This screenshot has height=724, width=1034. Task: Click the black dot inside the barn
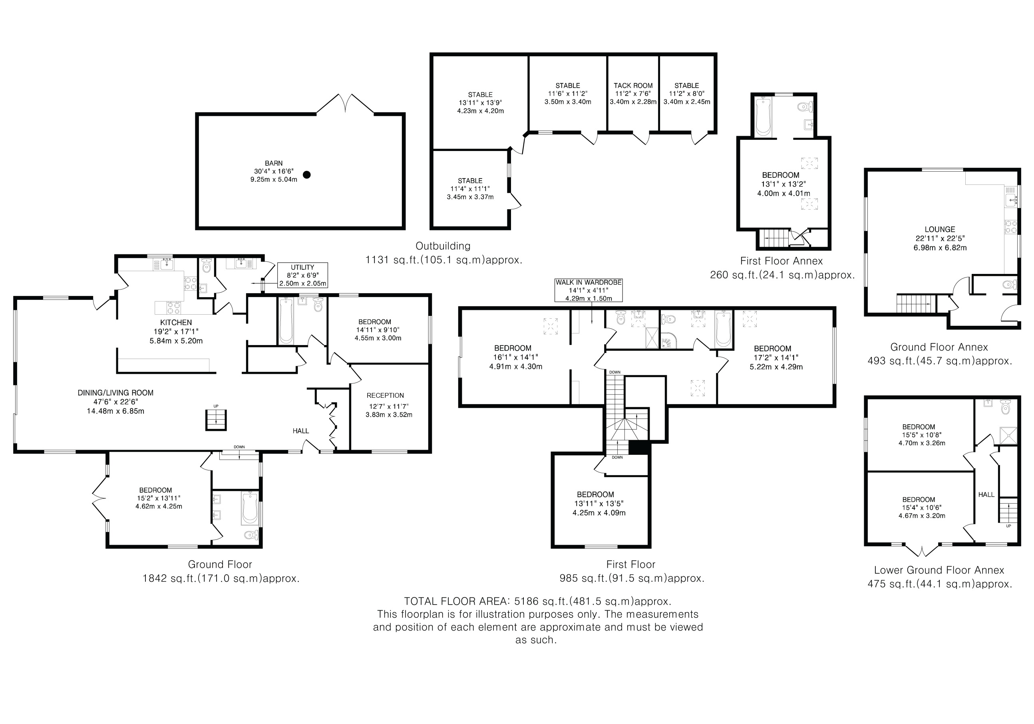tap(307, 175)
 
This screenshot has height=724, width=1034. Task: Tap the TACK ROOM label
tap(633, 85)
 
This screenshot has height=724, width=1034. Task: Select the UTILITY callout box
tap(302, 275)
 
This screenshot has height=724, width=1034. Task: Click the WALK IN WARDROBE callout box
tap(588, 290)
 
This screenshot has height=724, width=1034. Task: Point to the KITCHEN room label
tap(176, 322)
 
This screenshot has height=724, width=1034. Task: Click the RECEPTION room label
tap(385, 395)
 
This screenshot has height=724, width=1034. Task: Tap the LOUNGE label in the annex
tap(939, 229)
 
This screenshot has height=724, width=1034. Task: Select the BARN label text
tap(274, 163)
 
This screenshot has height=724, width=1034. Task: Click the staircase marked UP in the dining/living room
tap(216, 420)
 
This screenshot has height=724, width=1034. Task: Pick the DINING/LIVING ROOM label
tap(116, 393)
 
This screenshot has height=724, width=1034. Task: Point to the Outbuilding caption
tap(443, 246)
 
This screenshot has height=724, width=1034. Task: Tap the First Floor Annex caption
tap(781, 261)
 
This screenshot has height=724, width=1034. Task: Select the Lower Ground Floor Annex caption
tap(939, 570)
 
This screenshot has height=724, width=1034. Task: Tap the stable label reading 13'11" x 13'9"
tap(480, 103)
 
